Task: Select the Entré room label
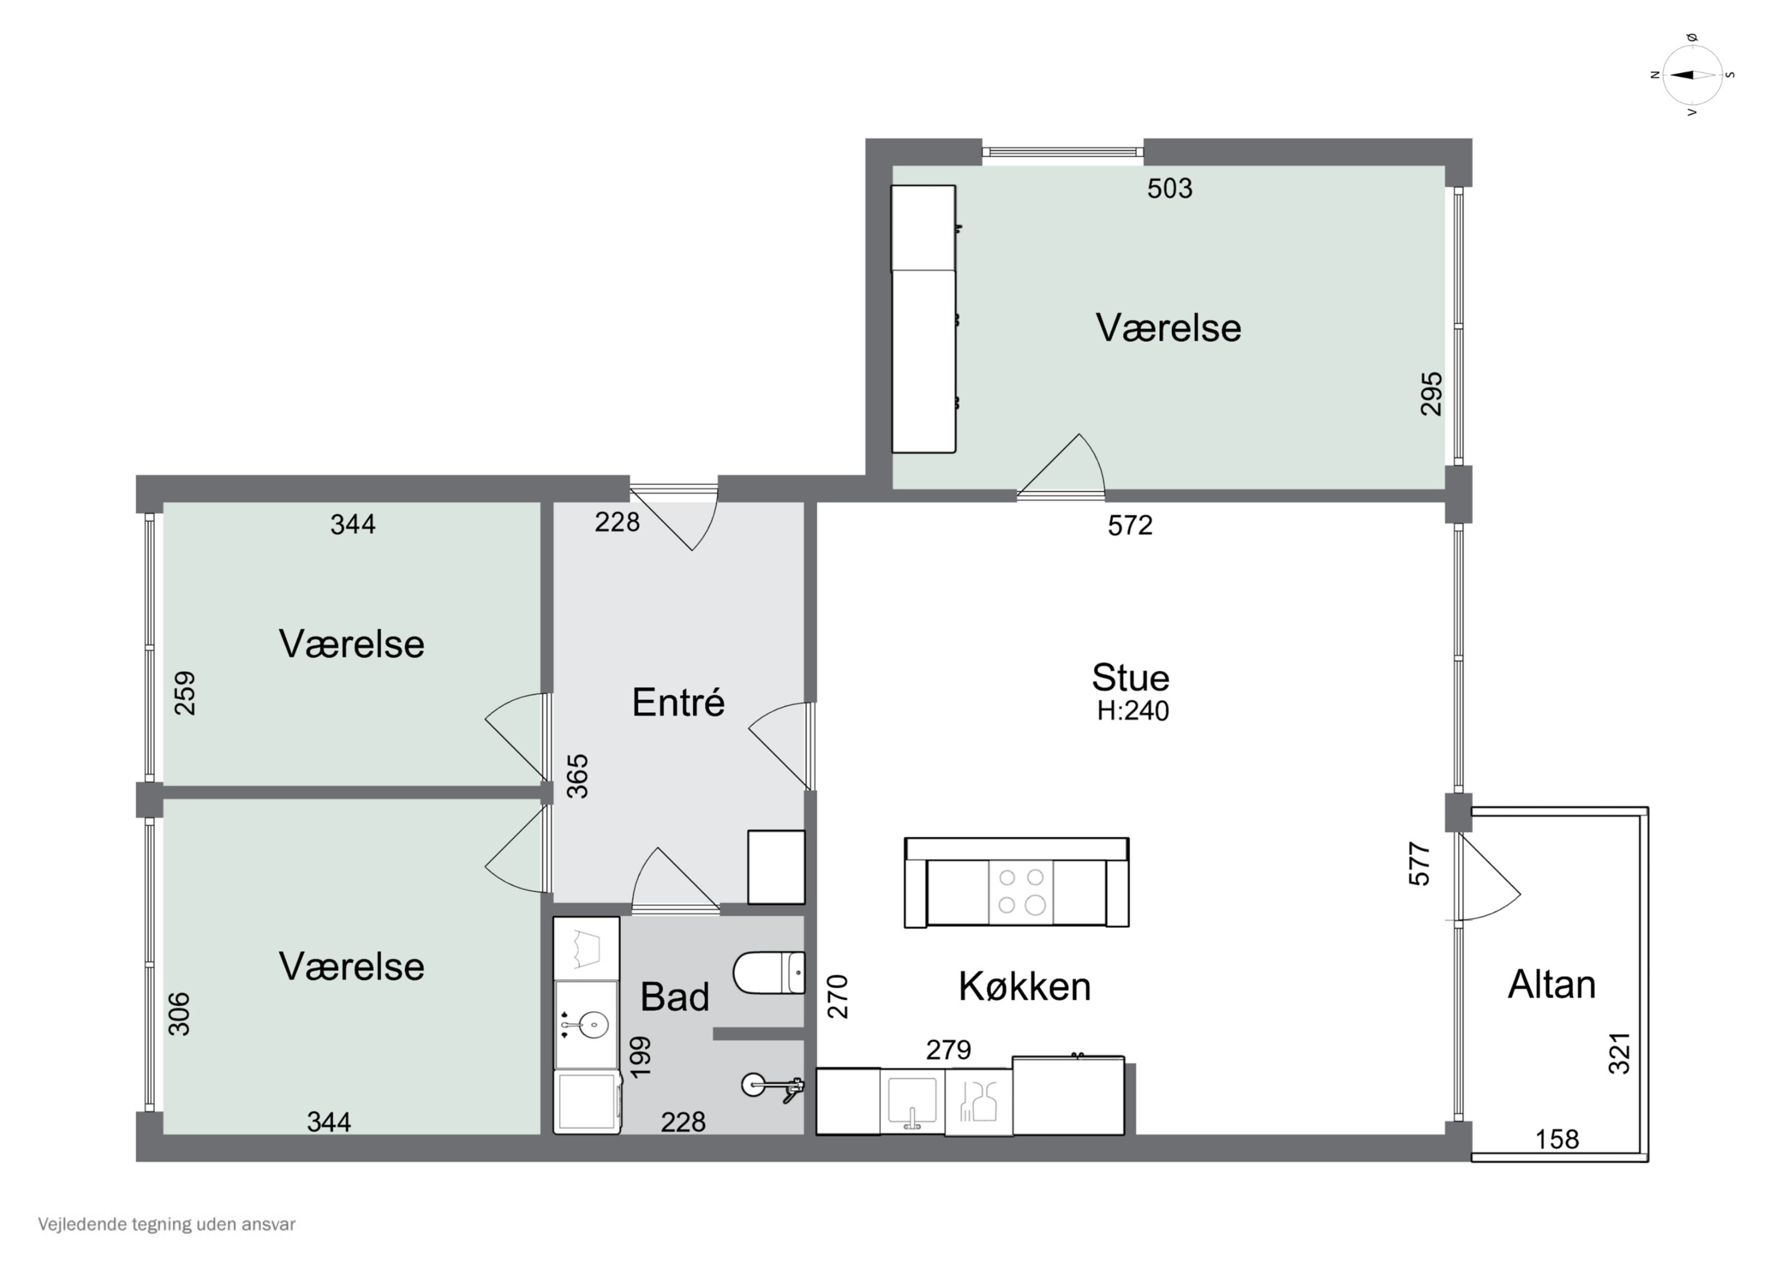678,702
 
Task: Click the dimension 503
1170,188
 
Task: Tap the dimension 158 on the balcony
1557,1139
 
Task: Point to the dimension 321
1619,1054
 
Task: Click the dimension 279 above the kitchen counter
948,1051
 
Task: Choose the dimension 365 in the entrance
577,776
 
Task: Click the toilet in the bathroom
769,973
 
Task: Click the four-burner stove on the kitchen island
1020,892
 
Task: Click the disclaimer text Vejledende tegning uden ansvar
167,1225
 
